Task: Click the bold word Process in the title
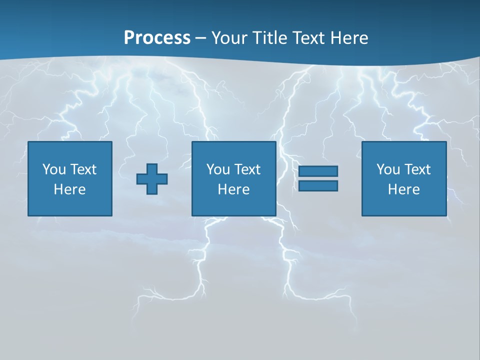tap(157, 38)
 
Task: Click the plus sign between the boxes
tap(152, 178)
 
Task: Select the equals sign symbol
tap(318, 178)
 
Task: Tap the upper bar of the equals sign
tap(318, 171)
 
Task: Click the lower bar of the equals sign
tap(318, 185)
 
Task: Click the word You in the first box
tap(54, 169)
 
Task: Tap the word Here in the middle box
tap(234, 189)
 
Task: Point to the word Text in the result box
tap(417, 169)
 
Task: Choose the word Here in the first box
tap(70, 189)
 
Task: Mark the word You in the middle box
tap(218, 169)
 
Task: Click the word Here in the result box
tap(404, 189)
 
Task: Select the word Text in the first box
tap(83, 169)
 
